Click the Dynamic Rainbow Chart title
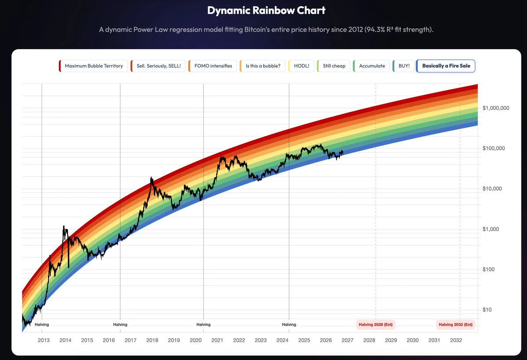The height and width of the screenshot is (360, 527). (266, 11)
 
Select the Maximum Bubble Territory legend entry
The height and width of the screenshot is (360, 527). (93, 66)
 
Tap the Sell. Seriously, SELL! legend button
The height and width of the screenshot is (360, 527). (158, 66)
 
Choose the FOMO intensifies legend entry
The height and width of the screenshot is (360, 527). (213, 66)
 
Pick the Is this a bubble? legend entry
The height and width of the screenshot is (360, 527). (262, 66)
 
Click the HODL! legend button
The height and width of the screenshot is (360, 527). (301, 66)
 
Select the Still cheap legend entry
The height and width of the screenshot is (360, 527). (333, 66)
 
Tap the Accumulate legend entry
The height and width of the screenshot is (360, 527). (371, 66)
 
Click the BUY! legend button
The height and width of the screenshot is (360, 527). (403, 66)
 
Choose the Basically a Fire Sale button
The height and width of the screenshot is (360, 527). (446, 66)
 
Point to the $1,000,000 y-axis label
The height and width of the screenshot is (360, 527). (496, 108)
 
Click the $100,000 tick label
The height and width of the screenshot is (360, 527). (494, 148)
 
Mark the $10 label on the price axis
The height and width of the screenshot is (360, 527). (487, 309)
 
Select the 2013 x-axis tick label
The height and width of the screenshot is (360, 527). (44, 340)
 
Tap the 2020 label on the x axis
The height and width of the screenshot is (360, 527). (195, 340)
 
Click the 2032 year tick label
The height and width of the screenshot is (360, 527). (456, 340)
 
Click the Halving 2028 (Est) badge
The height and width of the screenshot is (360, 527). (375, 324)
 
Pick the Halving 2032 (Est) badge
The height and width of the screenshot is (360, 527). (455, 324)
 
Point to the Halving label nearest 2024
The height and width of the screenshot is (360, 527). (289, 324)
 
